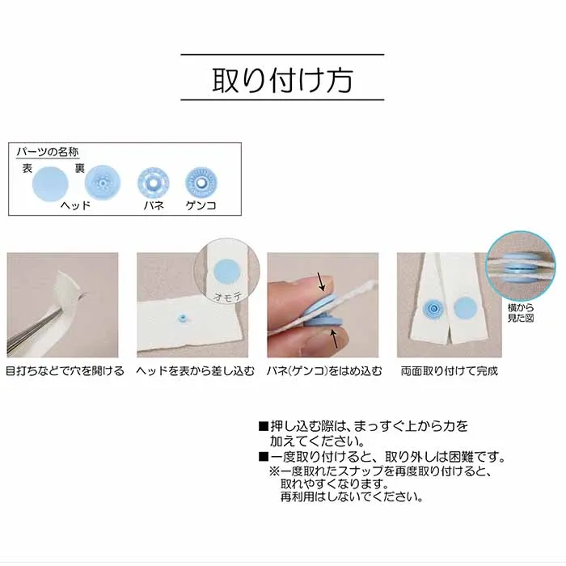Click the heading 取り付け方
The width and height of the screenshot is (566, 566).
tap(282, 79)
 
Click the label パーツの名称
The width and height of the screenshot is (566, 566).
tap(48, 152)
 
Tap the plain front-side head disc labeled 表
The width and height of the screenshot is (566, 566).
tap(50, 184)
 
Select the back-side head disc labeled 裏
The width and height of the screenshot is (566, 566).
tap(103, 183)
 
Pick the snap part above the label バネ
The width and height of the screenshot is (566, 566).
tap(154, 183)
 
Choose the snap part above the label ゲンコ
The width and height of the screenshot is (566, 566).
tap(201, 183)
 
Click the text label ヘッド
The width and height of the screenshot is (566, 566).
tap(75, 205)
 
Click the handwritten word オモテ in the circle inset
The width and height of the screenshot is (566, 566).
tap(228, 297)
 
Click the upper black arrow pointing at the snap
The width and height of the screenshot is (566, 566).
tap(321, 281)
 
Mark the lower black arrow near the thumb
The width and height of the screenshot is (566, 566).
tap(334, 340)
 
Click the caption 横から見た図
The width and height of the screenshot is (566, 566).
tap(521, 313)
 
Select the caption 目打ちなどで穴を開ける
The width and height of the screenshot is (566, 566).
tap(65, 370)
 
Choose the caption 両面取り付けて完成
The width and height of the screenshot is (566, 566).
tap(450, 370)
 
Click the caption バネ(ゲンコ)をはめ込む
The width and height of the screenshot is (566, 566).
tap(323, 370)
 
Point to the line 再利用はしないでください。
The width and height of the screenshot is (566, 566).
tap(352, 497)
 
